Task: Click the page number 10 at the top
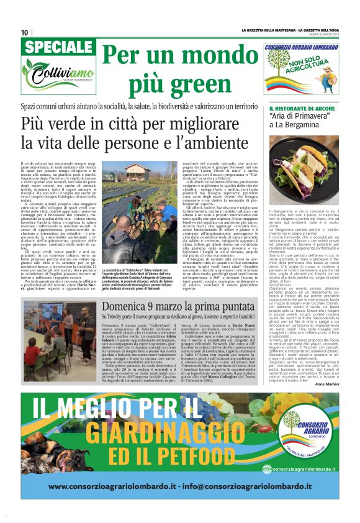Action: [25, 32]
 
